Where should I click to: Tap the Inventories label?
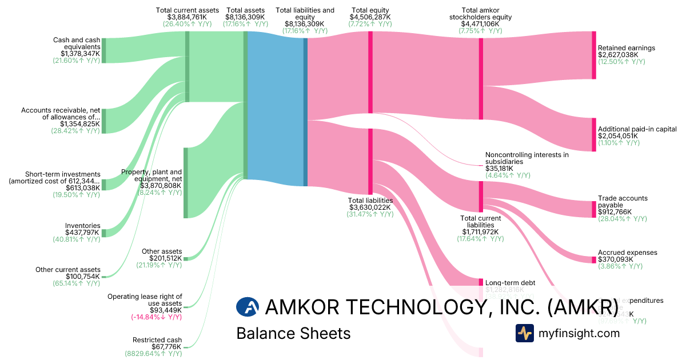[x=83, y=226]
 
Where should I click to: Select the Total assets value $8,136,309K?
[x=245, y=17]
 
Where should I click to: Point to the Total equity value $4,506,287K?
[x=370, y=17]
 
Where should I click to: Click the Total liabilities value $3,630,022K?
[x=370, y=207]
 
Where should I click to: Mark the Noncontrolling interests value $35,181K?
[x=499, y=169]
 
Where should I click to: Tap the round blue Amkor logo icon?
[x=248, y=307]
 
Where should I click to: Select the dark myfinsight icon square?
[x=524, y=333]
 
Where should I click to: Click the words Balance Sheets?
[x=293, y=333]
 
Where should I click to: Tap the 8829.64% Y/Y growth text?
[x=153, y=354]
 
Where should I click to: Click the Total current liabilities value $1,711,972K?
[x=480, y=231]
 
